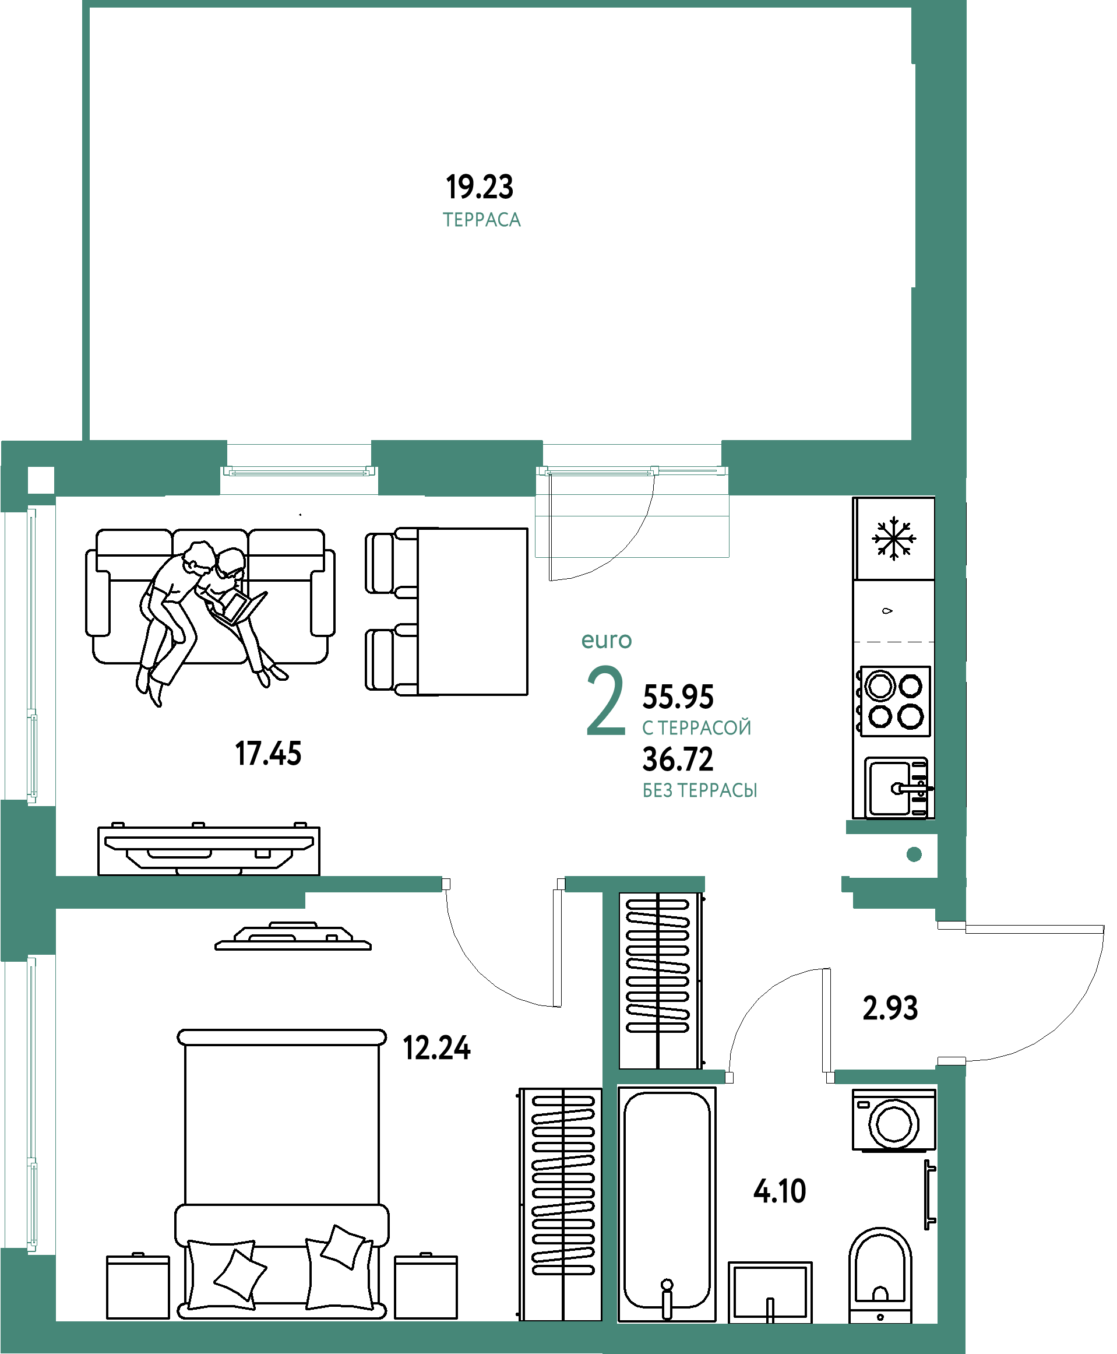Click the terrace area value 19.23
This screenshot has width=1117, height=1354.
[x=480, y=187]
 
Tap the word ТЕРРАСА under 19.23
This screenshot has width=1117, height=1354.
[x=482, y=220]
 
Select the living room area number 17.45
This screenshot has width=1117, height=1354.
[x=268, y=754]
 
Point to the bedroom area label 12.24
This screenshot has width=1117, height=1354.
[x=437, y=1049]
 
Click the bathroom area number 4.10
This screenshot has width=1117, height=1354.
[x=780, y=1191]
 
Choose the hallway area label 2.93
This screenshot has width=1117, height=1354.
[x=890, y=1008]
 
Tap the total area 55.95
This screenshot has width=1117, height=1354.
[x=678, y=697]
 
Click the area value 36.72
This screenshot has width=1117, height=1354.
[x=678, y=759]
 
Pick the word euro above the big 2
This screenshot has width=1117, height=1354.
[x=607, y=641]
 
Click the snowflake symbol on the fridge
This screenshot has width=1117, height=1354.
[x=894, y=538]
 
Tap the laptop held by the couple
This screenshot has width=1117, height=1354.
[x=239, y=608]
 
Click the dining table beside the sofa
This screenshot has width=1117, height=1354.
[x=473, y=611]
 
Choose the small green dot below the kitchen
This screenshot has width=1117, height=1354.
[x=914, y=854]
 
